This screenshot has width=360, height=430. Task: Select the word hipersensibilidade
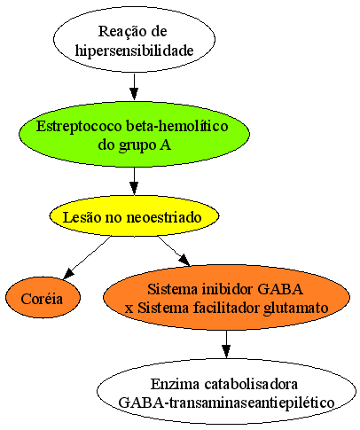click(x=134, y=51)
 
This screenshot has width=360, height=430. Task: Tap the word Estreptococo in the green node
click(x=79, y=127)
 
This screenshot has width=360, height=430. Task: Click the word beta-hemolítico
click(x=177, y=126)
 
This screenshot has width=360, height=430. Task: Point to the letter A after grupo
click(x=165, y=145)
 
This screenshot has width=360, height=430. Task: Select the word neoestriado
click(x=164, y=217)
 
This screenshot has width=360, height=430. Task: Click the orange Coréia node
click(x=43, y=297)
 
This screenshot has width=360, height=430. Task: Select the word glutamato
click(x=296, y=309)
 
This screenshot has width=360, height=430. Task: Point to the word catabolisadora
click(x=251, y=384)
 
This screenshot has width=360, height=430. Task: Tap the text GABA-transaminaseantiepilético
click(x=226, y=403)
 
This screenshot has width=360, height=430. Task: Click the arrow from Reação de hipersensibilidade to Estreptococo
click(x=134, y=87)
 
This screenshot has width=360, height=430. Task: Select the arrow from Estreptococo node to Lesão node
click(x=134, y=181)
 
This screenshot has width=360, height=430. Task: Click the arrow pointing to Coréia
click(x=87, y=257)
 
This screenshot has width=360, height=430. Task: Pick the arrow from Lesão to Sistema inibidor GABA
click(x=174, y=251)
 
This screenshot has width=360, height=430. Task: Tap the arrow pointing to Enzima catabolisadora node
click(x=226, y=344)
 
